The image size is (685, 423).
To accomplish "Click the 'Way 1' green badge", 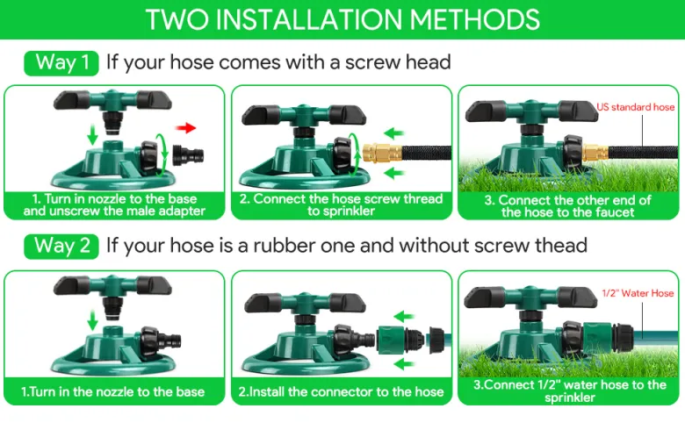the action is coord(61,63).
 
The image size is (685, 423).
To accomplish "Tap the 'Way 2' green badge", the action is coord(61,247).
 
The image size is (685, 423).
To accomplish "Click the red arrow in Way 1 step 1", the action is coord(185,128).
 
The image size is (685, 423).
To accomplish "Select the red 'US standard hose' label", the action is coord(636,107).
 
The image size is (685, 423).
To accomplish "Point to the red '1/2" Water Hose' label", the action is coord(638,293).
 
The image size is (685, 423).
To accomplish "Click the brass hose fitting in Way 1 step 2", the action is coord(382,153).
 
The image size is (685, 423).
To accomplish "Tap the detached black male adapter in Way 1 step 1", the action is coord(188,154).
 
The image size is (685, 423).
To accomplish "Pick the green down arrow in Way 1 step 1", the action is coord(92,134).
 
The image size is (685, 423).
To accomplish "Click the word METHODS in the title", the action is coord(475,19).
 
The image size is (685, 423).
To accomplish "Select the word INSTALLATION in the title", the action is coord(309,19).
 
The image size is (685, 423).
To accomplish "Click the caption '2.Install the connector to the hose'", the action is coord(342,391).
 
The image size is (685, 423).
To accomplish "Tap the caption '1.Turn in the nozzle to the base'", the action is coord(113,391).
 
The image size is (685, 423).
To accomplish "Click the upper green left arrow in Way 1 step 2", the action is coord(394,133).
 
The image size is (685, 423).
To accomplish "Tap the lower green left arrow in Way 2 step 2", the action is coord(404,364).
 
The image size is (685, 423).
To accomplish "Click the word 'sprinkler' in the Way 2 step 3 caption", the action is coord(570,398).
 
